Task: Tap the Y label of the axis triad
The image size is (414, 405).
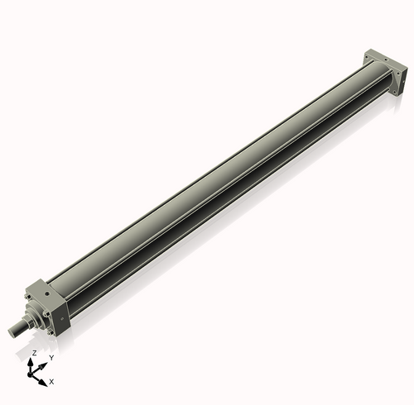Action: [51, 357]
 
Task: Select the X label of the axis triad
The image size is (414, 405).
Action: [51, 381]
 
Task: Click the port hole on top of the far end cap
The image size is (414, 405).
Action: [381, 58]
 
